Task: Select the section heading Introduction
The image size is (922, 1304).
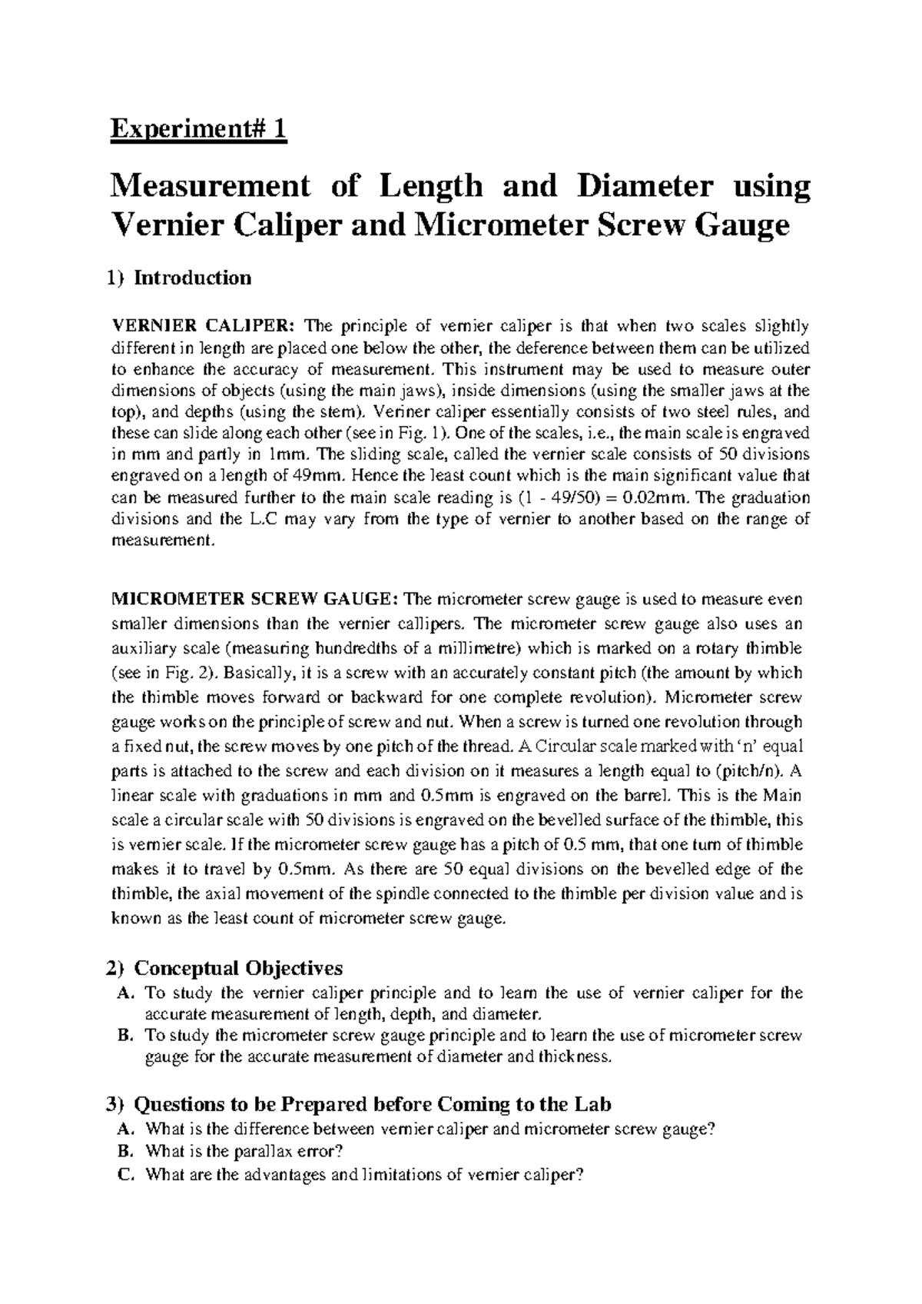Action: [x=192, y=278]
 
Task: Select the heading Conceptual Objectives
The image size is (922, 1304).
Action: [x=238, y=967]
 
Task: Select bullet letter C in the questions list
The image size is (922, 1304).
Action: [x=126, y=1174]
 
